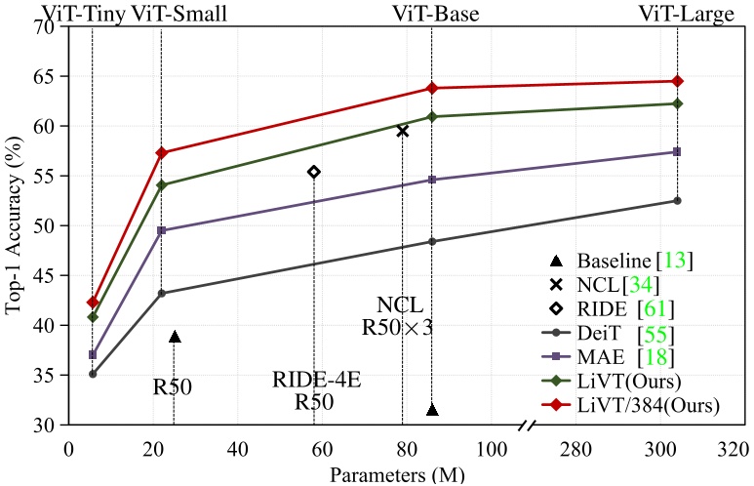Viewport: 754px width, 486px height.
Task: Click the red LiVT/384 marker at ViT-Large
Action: click(678, 81)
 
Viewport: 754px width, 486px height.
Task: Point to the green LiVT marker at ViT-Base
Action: click(432, 117)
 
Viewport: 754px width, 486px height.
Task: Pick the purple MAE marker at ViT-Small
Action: click(161, 230)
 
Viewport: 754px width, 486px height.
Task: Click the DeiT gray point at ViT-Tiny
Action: click(93, 374)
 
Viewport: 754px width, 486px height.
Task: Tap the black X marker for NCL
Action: click(402, 130)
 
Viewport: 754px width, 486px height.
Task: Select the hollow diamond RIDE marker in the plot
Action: click(313, 172)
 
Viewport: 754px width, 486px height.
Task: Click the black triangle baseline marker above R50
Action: click(175, 337)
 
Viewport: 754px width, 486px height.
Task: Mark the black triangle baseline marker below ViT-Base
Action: click(432, 410)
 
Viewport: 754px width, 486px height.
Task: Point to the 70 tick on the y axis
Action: click(45, 26)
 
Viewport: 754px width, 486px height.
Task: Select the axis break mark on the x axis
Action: click(527, 426)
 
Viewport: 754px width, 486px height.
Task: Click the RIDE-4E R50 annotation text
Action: click(316, 390)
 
